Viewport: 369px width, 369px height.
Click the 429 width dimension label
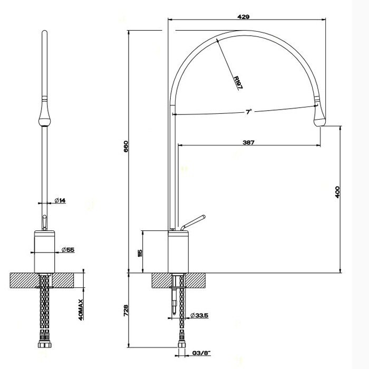point(244,17)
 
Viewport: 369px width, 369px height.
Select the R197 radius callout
point(237,82)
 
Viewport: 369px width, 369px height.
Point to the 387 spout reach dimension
point(250,142)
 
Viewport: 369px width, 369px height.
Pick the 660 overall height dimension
point(125,146)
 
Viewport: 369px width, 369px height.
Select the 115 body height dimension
point(140,253)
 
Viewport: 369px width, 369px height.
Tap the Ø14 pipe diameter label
point(60,200)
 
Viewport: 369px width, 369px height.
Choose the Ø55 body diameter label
point(66,249)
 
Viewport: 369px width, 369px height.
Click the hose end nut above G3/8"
point(182,343)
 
